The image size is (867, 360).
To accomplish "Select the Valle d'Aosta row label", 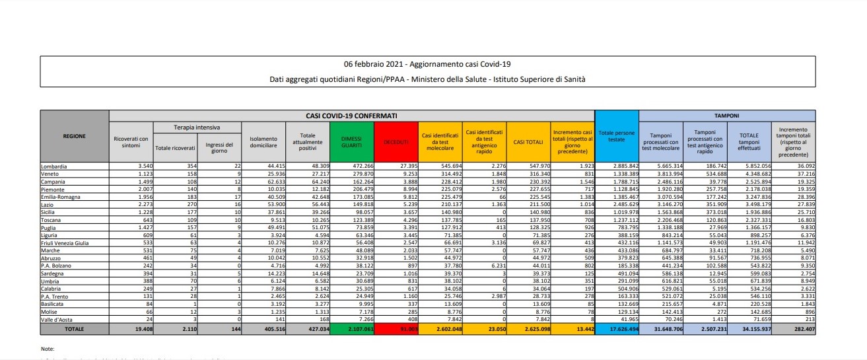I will coord(59,319).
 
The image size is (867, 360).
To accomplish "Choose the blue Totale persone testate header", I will coord(615,137).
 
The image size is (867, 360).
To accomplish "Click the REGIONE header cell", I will coord(74,136).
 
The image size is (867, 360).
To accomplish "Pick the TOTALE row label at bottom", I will coord(74,328).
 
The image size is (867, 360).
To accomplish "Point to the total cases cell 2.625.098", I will coord(532,328).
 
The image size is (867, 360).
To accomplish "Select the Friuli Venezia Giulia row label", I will coord(68,243).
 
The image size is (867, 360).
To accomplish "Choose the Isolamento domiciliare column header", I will coord(263,141).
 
